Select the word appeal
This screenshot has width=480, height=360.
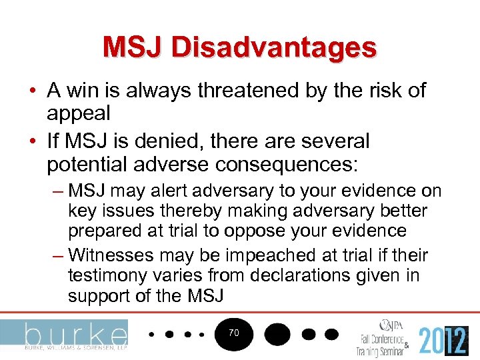78,113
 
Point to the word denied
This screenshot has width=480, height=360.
170,141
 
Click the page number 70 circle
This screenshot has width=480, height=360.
233,331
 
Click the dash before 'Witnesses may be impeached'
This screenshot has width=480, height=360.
57,256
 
